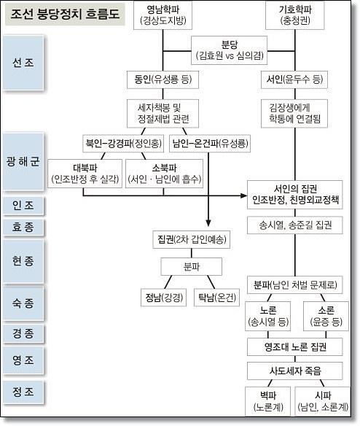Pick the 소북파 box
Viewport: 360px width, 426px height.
[165, 172]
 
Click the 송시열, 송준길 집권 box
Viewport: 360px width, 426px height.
[295, 224]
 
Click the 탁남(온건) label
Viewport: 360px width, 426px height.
[216, 297]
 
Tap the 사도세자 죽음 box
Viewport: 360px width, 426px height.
[295, 371]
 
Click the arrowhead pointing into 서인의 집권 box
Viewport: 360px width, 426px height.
[243, 195]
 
